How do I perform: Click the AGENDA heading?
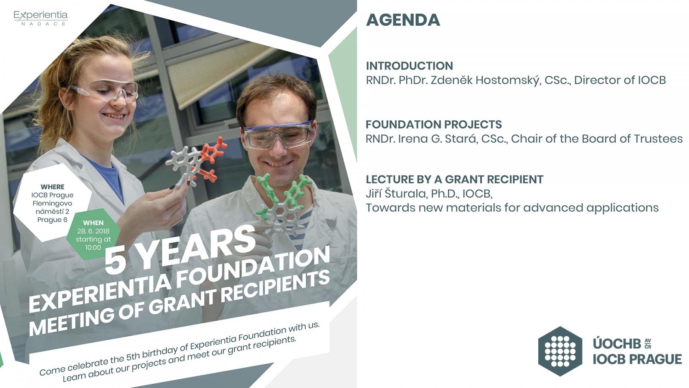tap(403, 20)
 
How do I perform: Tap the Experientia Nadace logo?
tap(40, 18)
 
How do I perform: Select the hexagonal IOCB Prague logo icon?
tap(560, 351)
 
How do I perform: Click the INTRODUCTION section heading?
tap(410, 66)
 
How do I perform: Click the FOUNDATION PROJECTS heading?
tap(434, 125)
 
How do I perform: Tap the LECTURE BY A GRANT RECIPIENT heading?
tap(455, 179)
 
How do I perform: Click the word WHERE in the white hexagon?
tap(53, 187)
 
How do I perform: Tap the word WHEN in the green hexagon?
tap(93, 223)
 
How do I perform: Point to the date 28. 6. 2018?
tap(93, 231)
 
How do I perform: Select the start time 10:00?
tap(93, 247)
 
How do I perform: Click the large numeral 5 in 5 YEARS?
tap(115, 260)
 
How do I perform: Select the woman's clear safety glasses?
tap(103, 91)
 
